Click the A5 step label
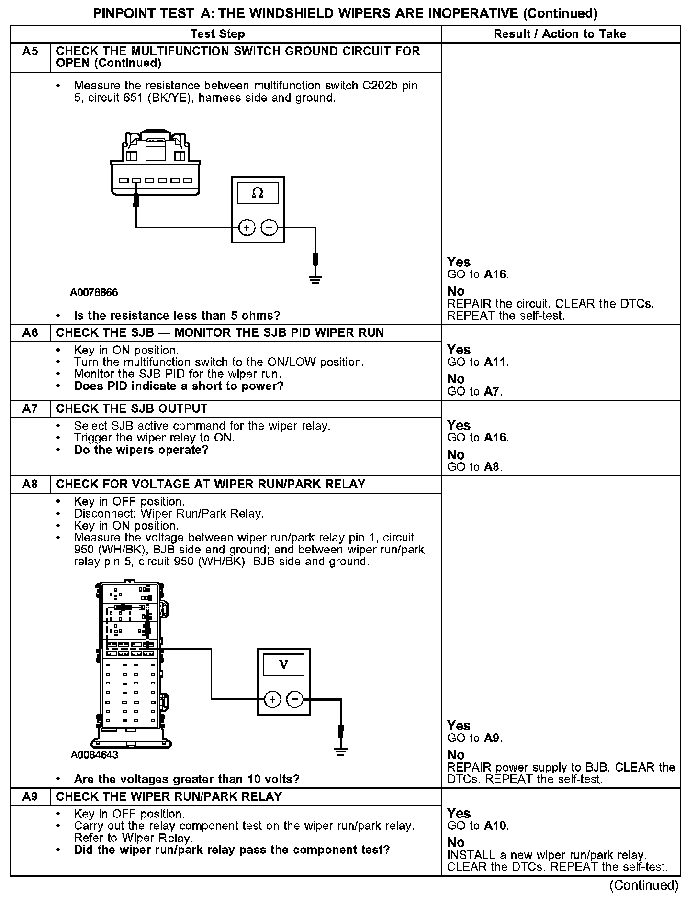click(30, 51)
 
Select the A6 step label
click(30, 333)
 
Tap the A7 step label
click(30, 409)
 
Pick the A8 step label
click(30, 485)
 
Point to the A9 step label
click(30, 797)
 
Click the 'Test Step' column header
click(217, 34)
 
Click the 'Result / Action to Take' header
click(560, 34)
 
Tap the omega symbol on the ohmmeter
click(258, 193)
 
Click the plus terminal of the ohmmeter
click(247, 228)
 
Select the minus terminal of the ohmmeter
click(270, 228)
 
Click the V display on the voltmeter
click(283, 665)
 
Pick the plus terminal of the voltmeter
click(272, 700)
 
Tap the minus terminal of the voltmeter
click(295, 700)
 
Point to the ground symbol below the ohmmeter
click(315, 278)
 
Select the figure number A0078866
click(94, 292)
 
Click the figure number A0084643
click(94, 755)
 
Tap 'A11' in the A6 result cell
click(495, 362)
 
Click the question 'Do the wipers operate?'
click(141, 450)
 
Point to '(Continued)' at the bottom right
click(644, 885)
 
